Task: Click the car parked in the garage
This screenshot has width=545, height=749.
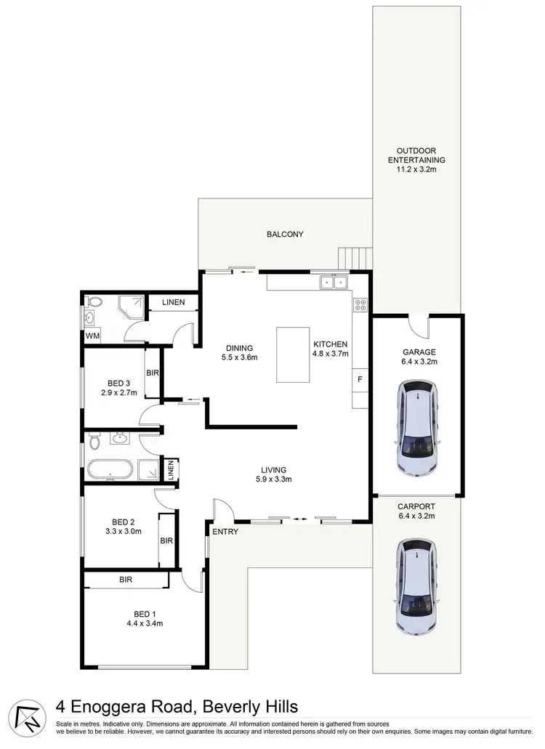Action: [x=417, y=430]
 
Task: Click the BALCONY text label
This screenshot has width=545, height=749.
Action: [x=285, y=235]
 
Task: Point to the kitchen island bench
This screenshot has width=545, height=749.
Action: [x=293, y=355]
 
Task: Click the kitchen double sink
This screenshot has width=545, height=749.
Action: [x=334, y=282]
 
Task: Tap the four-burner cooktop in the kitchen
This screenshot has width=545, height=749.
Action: [x=360, y=305]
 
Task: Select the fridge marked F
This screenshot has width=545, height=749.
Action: [x=360, y=378]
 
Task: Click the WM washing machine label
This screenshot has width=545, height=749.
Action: [x=92, y=336]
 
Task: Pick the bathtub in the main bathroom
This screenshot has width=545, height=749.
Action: [x=110, y=469]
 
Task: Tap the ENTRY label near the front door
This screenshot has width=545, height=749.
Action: [x=225, y=533]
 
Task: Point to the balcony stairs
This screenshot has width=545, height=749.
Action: [x=355, y=257]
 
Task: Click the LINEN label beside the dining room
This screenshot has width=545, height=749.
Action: [x=173, y=302]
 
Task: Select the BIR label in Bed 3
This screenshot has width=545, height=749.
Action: [x=153, y=373]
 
